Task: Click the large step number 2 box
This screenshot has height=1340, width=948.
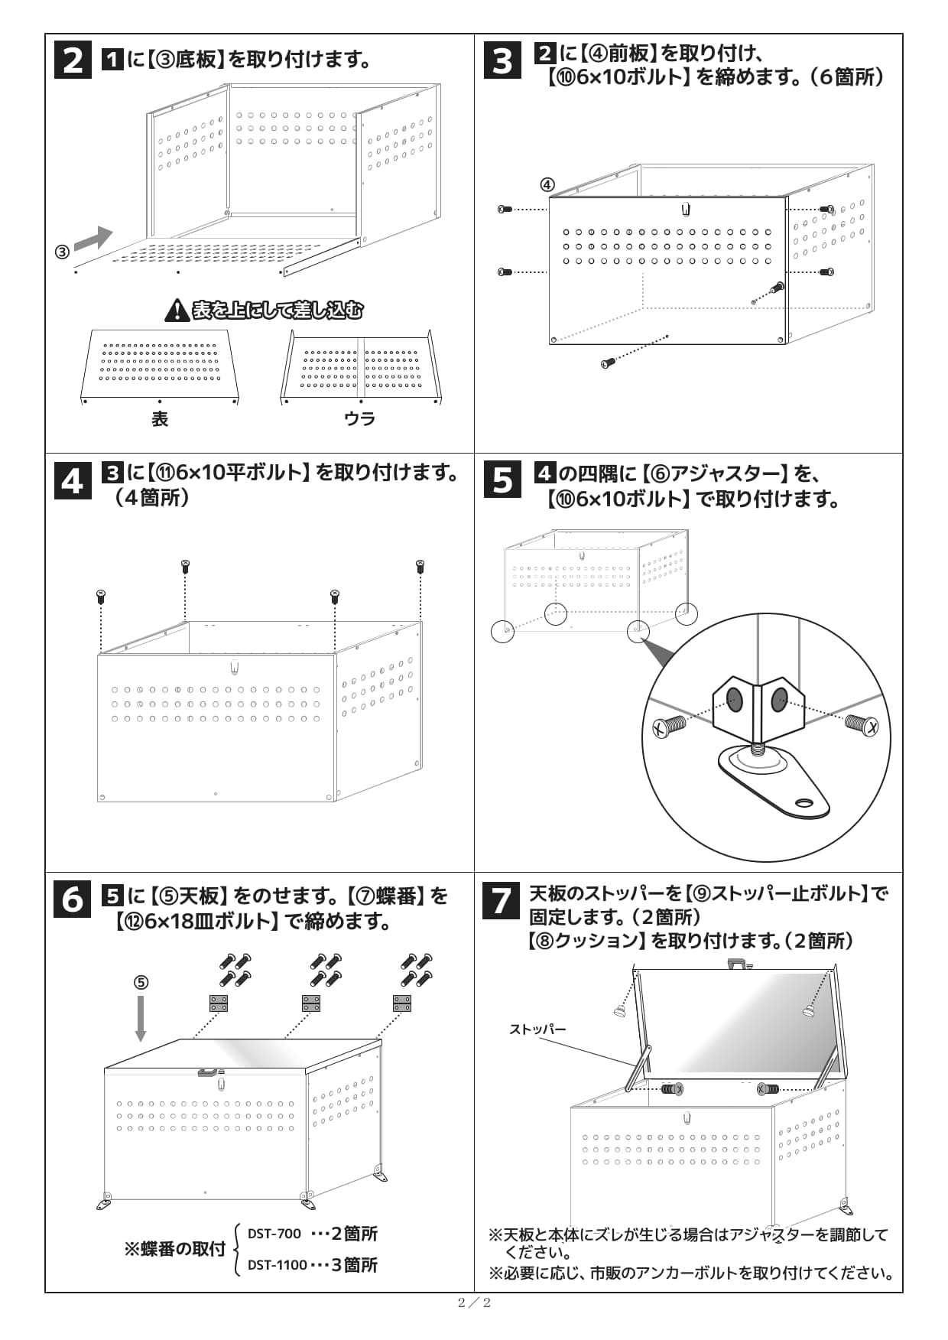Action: click(73, 59)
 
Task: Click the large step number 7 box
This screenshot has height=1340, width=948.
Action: click(502, 900)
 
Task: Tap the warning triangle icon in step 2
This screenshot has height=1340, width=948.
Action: click(177, 310)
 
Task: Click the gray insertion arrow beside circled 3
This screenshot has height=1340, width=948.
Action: click(93, 238)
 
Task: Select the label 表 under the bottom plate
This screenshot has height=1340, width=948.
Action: click(159, 418)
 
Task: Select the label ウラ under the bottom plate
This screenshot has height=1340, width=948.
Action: click(359, 418)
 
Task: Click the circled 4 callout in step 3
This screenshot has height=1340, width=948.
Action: click(547, 184)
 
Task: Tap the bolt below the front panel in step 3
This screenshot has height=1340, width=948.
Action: click(608, 363)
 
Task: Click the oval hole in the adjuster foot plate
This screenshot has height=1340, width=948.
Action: click(804, 802)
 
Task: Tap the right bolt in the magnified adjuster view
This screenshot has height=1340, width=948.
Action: click(862, 723)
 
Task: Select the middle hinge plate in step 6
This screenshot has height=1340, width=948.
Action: click(310, 1003)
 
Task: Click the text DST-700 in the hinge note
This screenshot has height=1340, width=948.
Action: click(274, 1233)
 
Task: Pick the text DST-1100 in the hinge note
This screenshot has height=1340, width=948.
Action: click(277, 1264)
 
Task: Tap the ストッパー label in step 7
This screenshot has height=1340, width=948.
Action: click(537, 1029)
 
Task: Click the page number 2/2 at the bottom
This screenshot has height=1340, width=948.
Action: click(474, 1303)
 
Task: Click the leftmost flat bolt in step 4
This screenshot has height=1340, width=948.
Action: click(100, 596)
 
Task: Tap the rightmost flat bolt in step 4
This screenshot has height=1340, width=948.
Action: click(420, 567)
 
